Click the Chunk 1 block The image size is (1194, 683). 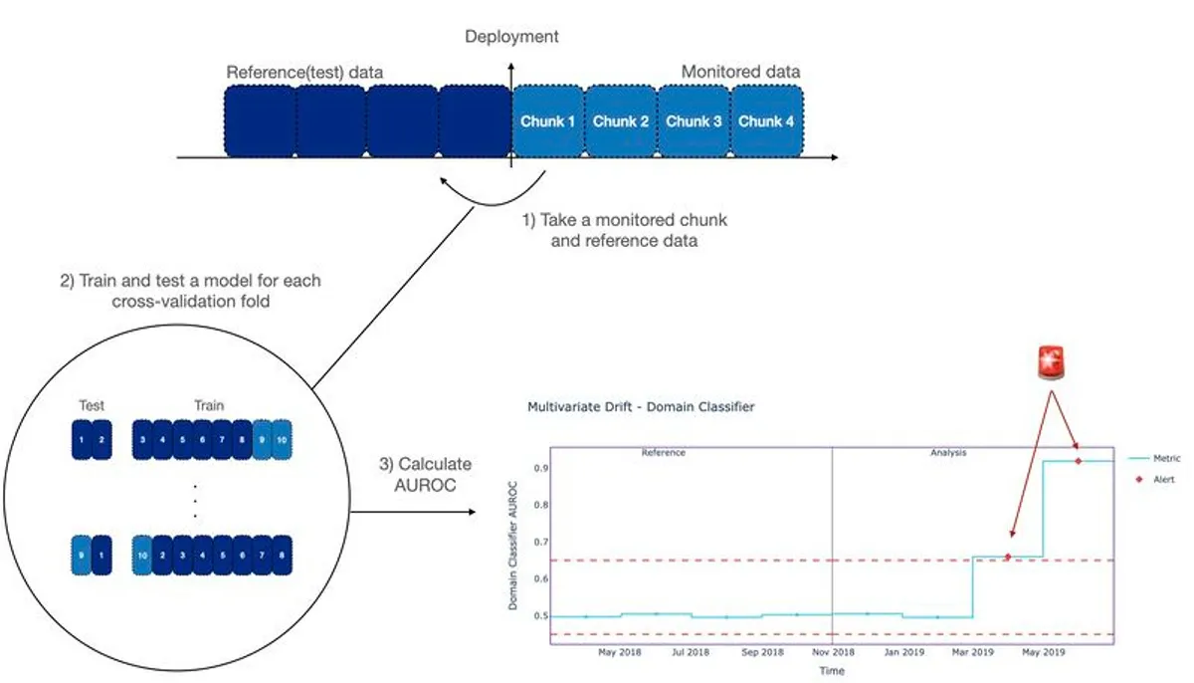547,121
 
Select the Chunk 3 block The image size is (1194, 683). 694,121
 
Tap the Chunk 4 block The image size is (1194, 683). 766,121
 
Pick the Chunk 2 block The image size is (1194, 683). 621,121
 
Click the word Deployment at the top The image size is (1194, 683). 511,37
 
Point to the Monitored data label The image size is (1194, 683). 740,72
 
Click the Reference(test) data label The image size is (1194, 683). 304,73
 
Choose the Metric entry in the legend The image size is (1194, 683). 1166,458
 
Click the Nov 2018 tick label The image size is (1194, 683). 833,653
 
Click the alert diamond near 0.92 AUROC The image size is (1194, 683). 1078,460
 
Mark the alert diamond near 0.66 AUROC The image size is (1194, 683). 1007,557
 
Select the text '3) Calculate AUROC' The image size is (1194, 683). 426,475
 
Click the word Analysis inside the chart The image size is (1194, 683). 948,452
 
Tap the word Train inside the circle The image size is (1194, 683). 209,405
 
